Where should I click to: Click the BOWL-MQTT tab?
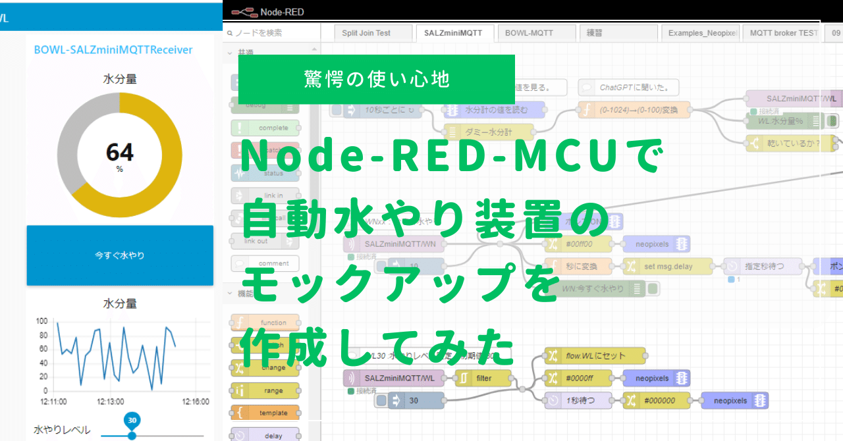coord(529,33)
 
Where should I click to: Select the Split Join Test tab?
coord(366,33)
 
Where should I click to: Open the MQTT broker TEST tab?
coord(784,33)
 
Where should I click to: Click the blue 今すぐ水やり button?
coord(120,255)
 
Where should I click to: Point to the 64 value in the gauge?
coord(119,153)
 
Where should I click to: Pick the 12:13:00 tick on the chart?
coord(111,401)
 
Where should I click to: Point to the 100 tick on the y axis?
coord(41,321)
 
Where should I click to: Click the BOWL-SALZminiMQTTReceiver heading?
coord(113,49)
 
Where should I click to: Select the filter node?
coord(483,378)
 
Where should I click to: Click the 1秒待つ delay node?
coord(579,400)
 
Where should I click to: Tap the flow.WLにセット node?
coord(595,356)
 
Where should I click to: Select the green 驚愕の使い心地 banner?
coord(376,79)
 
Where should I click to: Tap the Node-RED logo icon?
coord(244,11)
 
